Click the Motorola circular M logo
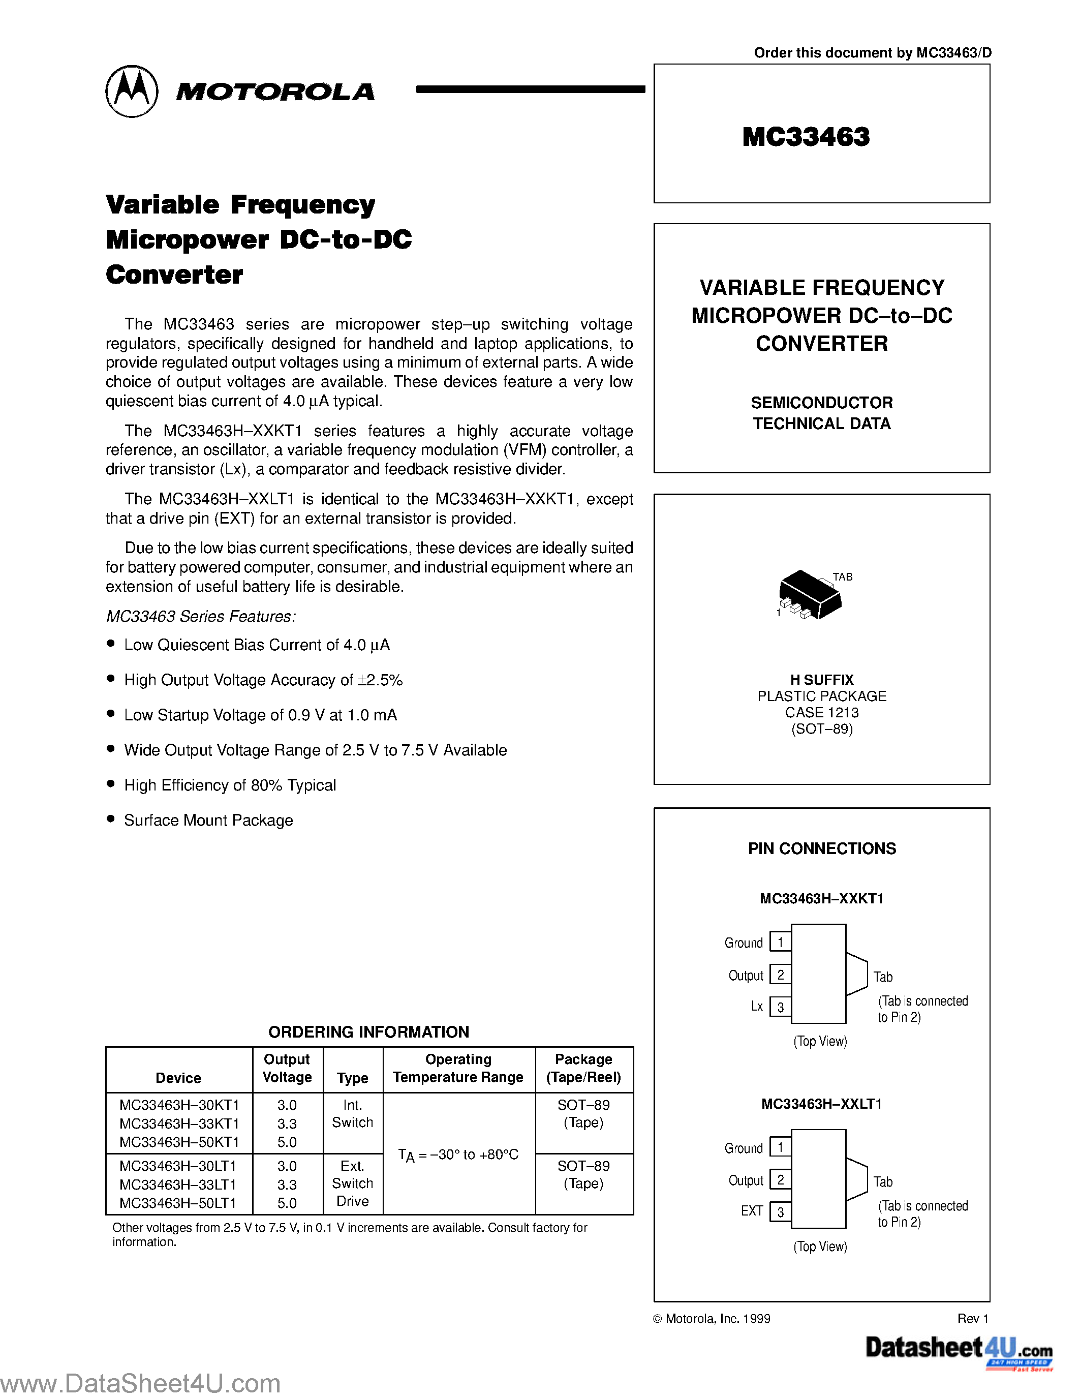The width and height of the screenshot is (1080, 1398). [131, 91]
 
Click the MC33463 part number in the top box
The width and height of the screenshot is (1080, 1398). [806, 136]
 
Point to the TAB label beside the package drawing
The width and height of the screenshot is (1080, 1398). [842, 577]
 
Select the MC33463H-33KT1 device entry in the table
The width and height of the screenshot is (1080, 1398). [179, 1123]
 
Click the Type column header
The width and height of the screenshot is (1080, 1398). [353, 1078]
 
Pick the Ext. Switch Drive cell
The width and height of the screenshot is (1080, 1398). [353, 1183]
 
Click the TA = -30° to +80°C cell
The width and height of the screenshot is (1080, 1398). [458, 1155]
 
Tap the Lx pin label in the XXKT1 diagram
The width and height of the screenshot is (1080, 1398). [757, 1006]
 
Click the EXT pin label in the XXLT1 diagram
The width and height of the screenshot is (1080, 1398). [752, 1211]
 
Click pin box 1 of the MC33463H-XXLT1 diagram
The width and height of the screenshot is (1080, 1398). [780, 1146]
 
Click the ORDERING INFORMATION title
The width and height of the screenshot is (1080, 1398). [368, 1032]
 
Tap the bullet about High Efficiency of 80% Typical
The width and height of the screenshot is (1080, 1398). [230, 785]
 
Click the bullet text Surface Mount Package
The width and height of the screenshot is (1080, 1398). [208, 820]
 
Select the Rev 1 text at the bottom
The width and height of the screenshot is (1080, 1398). [973, 1319]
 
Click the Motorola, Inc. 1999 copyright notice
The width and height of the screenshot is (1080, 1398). [712, 1319]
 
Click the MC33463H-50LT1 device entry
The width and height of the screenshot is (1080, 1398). [178, 1203]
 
